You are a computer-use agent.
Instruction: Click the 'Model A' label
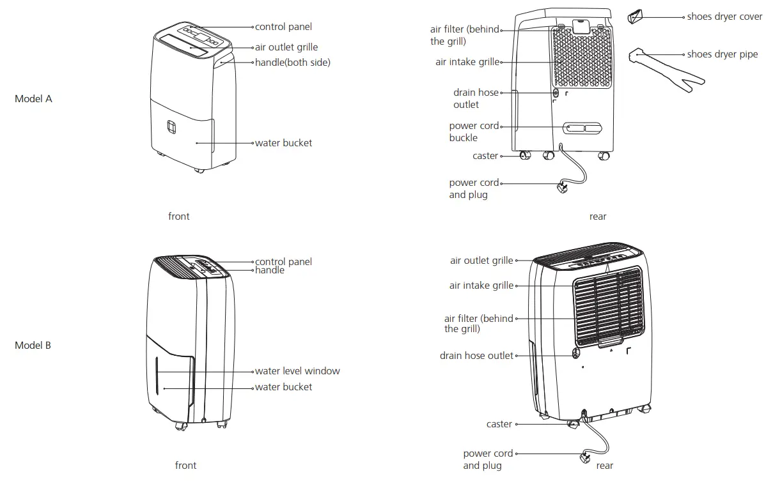point(33,99)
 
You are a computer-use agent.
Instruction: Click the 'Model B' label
point(33,346)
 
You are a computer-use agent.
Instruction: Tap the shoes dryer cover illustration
point(634,17)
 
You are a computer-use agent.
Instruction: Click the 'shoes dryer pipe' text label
point(722,54)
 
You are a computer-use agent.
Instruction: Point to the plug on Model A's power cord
point(563,188)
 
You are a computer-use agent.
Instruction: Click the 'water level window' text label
point(297,371)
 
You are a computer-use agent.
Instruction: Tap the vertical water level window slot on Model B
point(156,377)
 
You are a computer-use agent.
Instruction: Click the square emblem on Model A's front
point(171,127)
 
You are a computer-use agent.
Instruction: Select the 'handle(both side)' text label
point(292,63)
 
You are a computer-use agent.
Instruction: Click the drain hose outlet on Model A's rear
point(556,93)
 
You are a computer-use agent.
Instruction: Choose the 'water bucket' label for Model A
point(283,143)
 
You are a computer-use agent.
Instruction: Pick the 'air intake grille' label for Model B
point(481,286)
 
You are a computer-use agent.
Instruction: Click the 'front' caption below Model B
point(185,466)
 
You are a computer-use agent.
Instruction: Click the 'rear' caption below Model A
point(598,217)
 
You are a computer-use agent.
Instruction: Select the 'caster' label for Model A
point(485,156)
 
